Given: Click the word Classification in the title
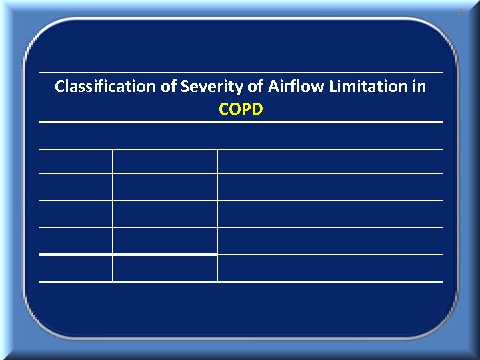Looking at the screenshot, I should tap(105, 87).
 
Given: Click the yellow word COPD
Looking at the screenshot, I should tap(241, 109).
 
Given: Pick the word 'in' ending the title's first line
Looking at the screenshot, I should tap(419, 87).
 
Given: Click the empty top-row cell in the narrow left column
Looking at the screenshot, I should tap(76, 161).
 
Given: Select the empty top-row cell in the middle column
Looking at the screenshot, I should tap(165, 161).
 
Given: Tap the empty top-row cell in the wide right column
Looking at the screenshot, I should tap(330, 161).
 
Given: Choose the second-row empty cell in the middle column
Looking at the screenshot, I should tap(165, 187).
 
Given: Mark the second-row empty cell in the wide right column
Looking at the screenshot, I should tap(330, 187).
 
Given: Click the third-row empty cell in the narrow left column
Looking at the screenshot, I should tap(76, 214).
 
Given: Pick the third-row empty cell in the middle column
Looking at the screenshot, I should tap(165, 214).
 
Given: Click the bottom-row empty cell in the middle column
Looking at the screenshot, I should tap(165, 268).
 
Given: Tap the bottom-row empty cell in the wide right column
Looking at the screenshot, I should tap(330, 268).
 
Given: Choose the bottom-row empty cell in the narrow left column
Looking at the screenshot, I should tap(76, 268).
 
